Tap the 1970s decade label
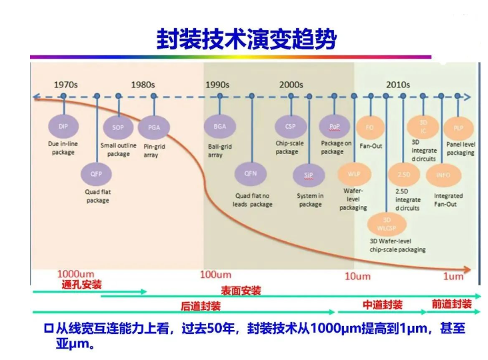67,85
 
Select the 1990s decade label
217,85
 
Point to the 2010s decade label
398,85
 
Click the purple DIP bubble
63,126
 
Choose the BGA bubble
220,126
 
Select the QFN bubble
251,173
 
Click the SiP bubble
309,175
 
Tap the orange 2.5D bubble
404,174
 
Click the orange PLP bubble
459,127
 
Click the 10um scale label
357,275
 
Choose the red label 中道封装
382,305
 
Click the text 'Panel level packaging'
461,148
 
